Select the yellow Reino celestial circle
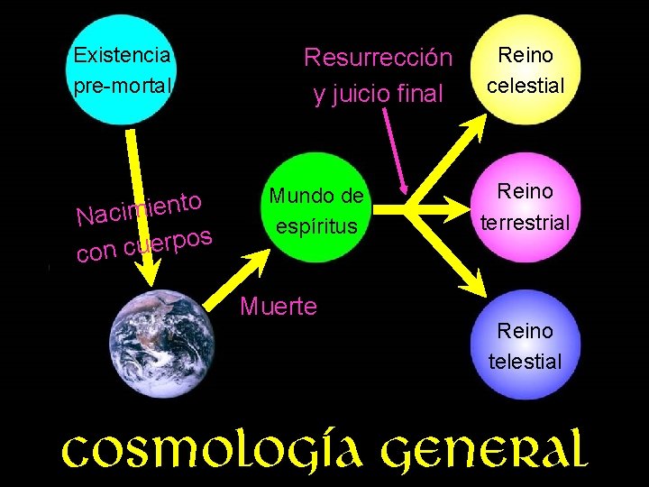pyautogui.click(x=526, y=72)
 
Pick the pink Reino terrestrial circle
pyautogui.click(x=526, y=206)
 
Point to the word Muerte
pyautogui.click(x=279, y=307)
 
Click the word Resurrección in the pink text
pyautogui.click(x=378, y=58)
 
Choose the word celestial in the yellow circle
pyautogui.click(x=526, y=87)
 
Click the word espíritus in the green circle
pyautogui.click(x=315, y=225)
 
